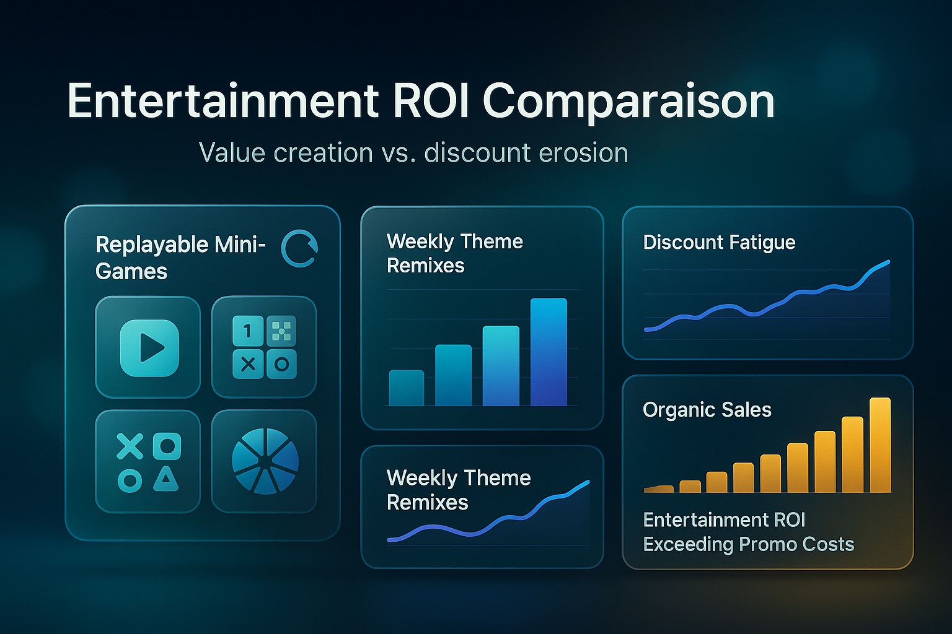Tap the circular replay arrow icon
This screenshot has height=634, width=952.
pyautogui.click(x=299, y=249)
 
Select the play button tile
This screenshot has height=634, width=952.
pyautogui.click(x=148, y=347)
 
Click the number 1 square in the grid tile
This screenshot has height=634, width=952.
pyautogui.click(x=248, y=331)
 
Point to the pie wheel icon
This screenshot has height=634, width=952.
pyautogui.click(x=265, y=461)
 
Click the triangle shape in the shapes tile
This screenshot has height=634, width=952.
pyautogui.click(x=166, y=479)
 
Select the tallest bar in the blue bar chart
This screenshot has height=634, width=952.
pyautogui.click(x=549, y=352)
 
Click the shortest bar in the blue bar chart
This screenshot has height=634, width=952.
pyautogui.click(x=407, y=388)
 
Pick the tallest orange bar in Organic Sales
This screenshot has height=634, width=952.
pyautogui.click(x=880, y=445)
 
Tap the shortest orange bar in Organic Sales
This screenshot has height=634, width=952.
pyautogui.click(x=659, y=489)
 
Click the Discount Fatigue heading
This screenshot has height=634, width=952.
pyautogui.click(x=719, y=243)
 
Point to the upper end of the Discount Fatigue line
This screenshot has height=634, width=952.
pyautogui.click(x=889, y=262)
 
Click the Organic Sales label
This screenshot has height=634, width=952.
pyautogui.click(x=707, y=410)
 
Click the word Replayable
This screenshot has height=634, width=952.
pyautogui.click(x=152, y=245)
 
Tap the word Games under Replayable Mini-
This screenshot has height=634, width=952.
pyautogui.click(x=131, y=271)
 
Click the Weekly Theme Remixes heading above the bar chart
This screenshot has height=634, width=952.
pyautogui.click(x=455, y=253)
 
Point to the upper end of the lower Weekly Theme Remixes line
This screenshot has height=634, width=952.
pyautogui.click(x=588, y=482)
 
